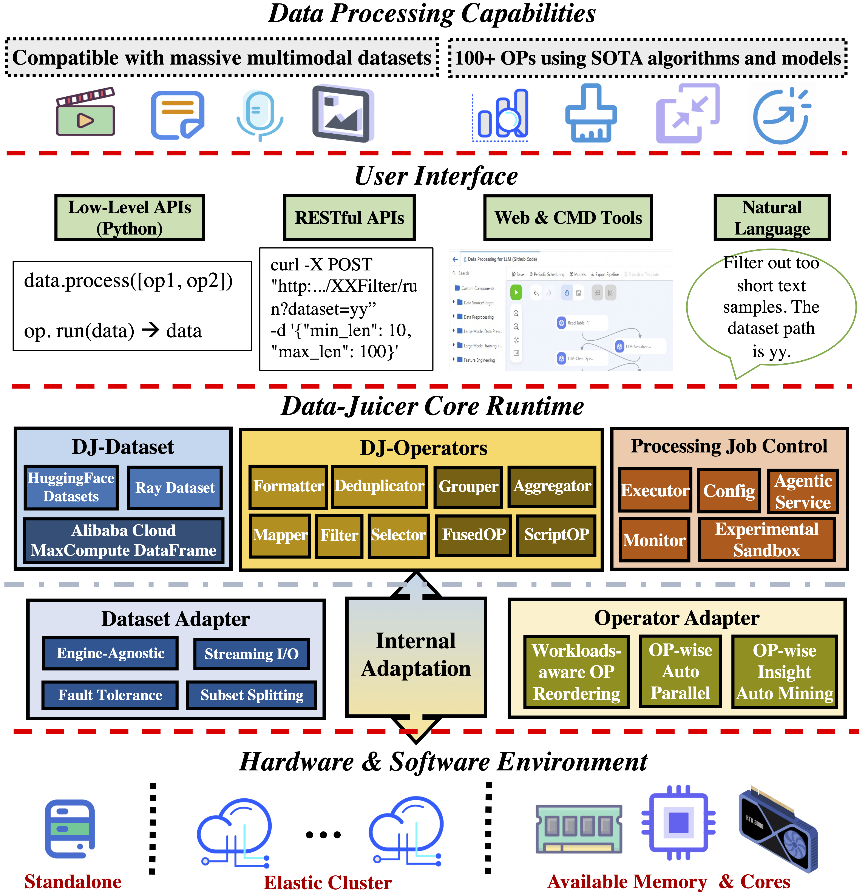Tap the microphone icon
259,114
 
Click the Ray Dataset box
175,488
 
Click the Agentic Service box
803,491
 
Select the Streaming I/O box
251,654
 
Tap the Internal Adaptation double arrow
416,656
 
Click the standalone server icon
70,829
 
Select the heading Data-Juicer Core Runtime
432,406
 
